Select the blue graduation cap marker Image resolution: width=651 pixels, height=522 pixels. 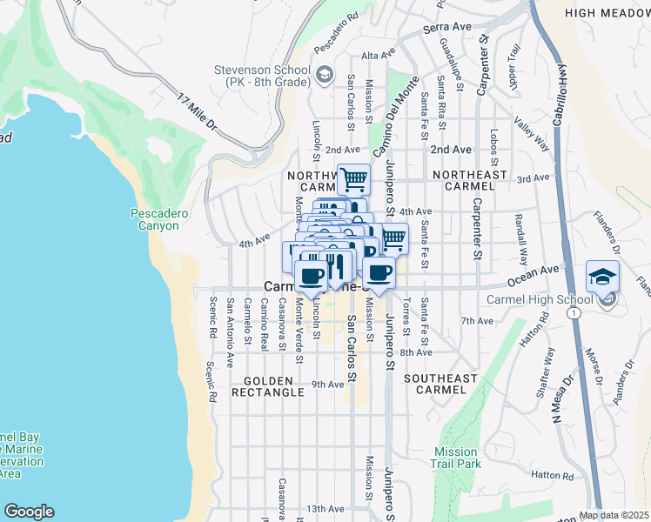[602, 277]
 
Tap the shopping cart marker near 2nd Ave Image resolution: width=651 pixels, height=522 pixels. [353, 180]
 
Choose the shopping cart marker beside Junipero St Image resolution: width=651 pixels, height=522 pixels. [393, 238]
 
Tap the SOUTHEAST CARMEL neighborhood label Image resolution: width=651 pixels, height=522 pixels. [441, 385]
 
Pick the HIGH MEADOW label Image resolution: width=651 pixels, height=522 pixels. [607, 13]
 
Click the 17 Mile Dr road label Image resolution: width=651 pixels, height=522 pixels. [195, 113]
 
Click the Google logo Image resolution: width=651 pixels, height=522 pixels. [29, 512]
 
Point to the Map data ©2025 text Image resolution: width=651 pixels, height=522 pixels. [614, 515]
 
